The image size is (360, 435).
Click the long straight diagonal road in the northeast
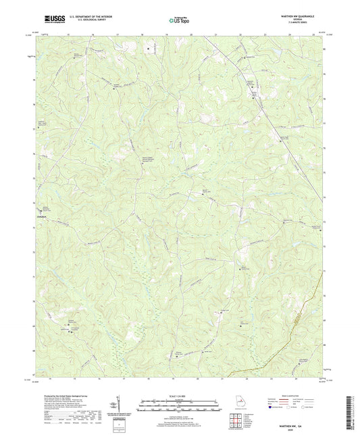(x=263, y=108)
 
